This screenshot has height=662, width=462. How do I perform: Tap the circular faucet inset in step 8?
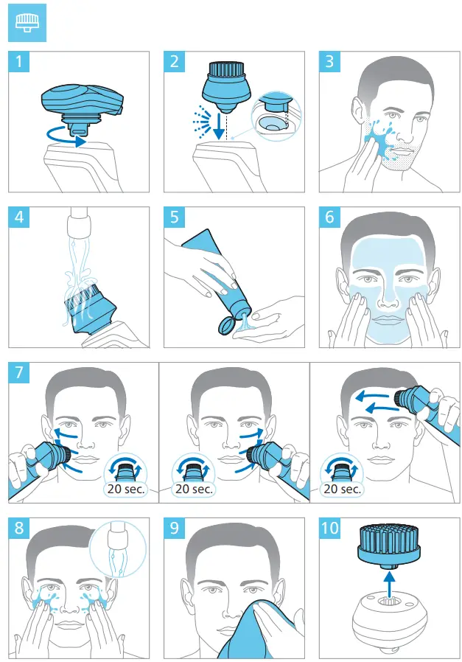click(111, 548)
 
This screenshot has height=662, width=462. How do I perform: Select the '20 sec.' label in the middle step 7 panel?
click(192, 488)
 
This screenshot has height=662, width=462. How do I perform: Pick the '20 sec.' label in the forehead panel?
click(343, 488)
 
